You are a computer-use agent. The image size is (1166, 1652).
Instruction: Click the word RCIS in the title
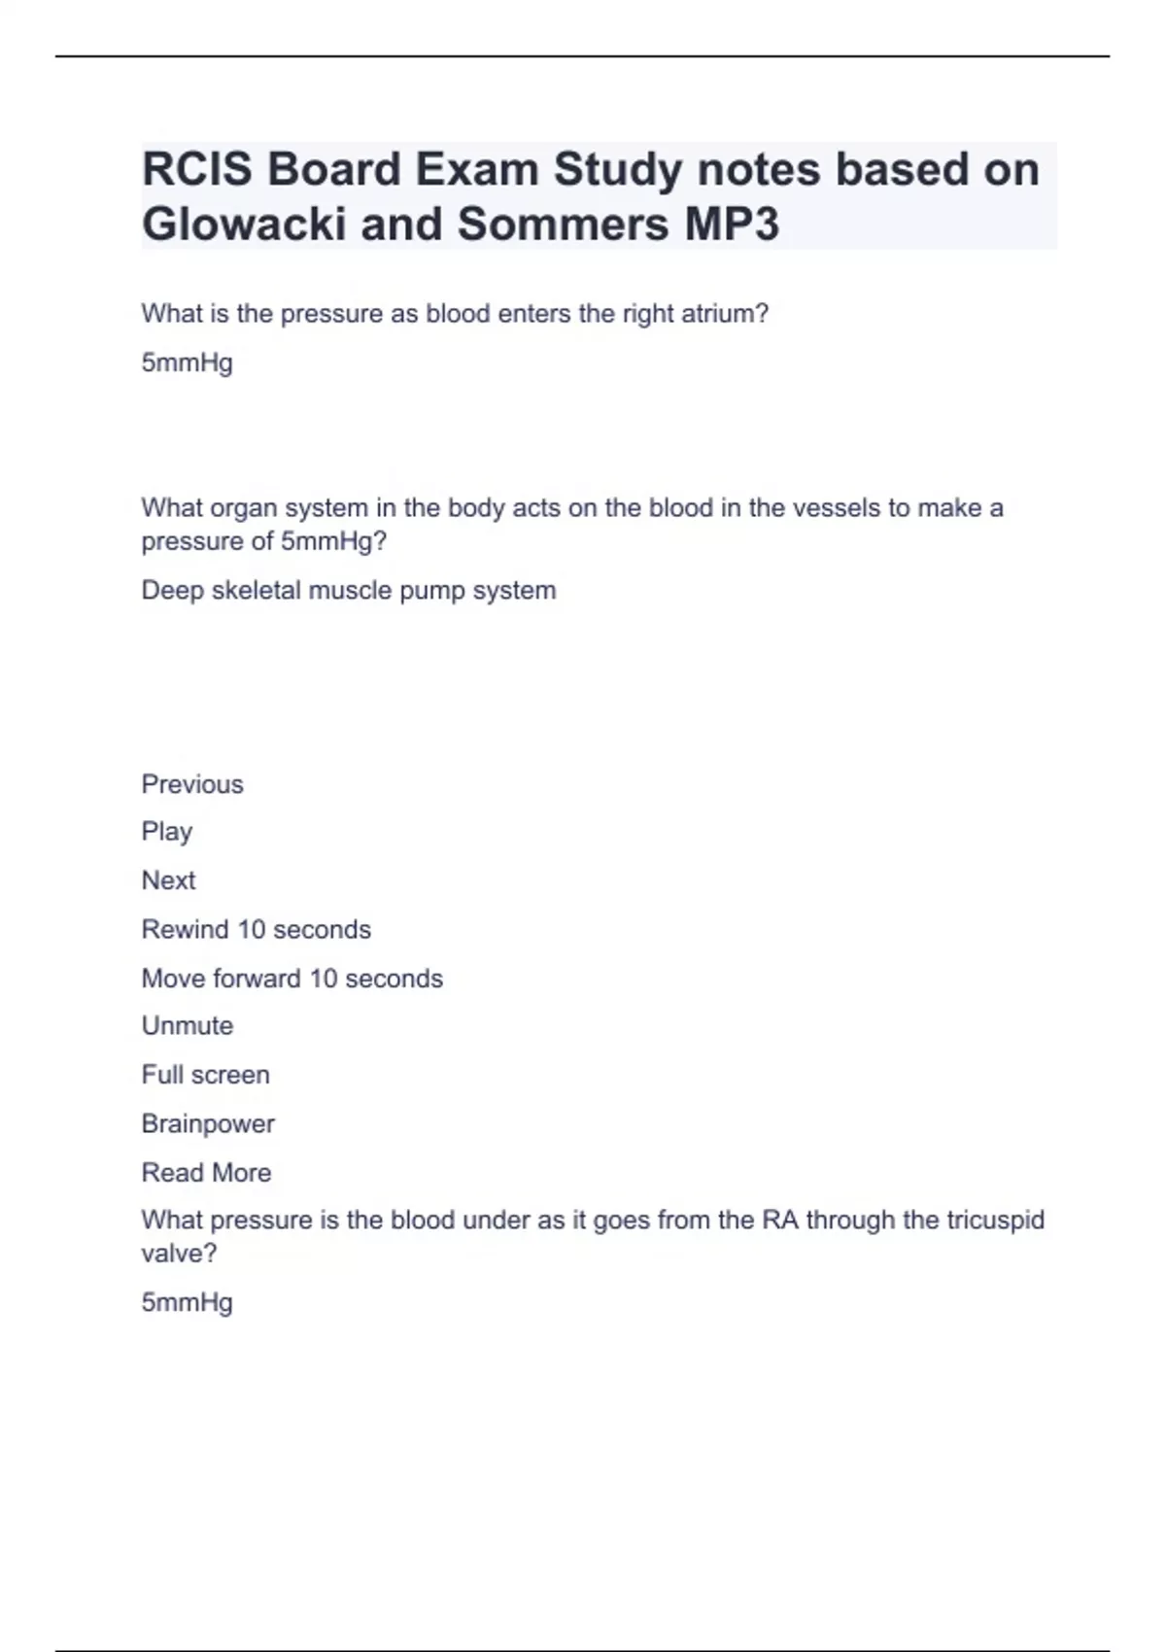click(x=197, y=169)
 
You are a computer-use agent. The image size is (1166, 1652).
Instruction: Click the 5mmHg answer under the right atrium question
click(x=187, y=363)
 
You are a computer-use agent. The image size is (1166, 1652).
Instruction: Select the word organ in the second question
click(x=240, y=508)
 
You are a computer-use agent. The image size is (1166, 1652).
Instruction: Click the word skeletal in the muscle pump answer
click(x=256, y=591)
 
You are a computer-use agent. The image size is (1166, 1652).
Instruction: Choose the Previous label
click(x=192, y=784)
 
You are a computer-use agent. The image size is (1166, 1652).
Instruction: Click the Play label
click(x=167, y=832)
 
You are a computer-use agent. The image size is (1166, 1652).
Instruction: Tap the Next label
click(x=168, y=880)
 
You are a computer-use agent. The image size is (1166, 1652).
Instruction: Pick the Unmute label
click(x=188, y=1026)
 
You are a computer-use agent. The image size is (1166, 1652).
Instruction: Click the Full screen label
click(x=205, y=1075)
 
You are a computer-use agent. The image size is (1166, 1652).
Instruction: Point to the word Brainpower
click(x=208, y=1124)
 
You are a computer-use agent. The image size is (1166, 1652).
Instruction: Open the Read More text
click(x=206, y=1173)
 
